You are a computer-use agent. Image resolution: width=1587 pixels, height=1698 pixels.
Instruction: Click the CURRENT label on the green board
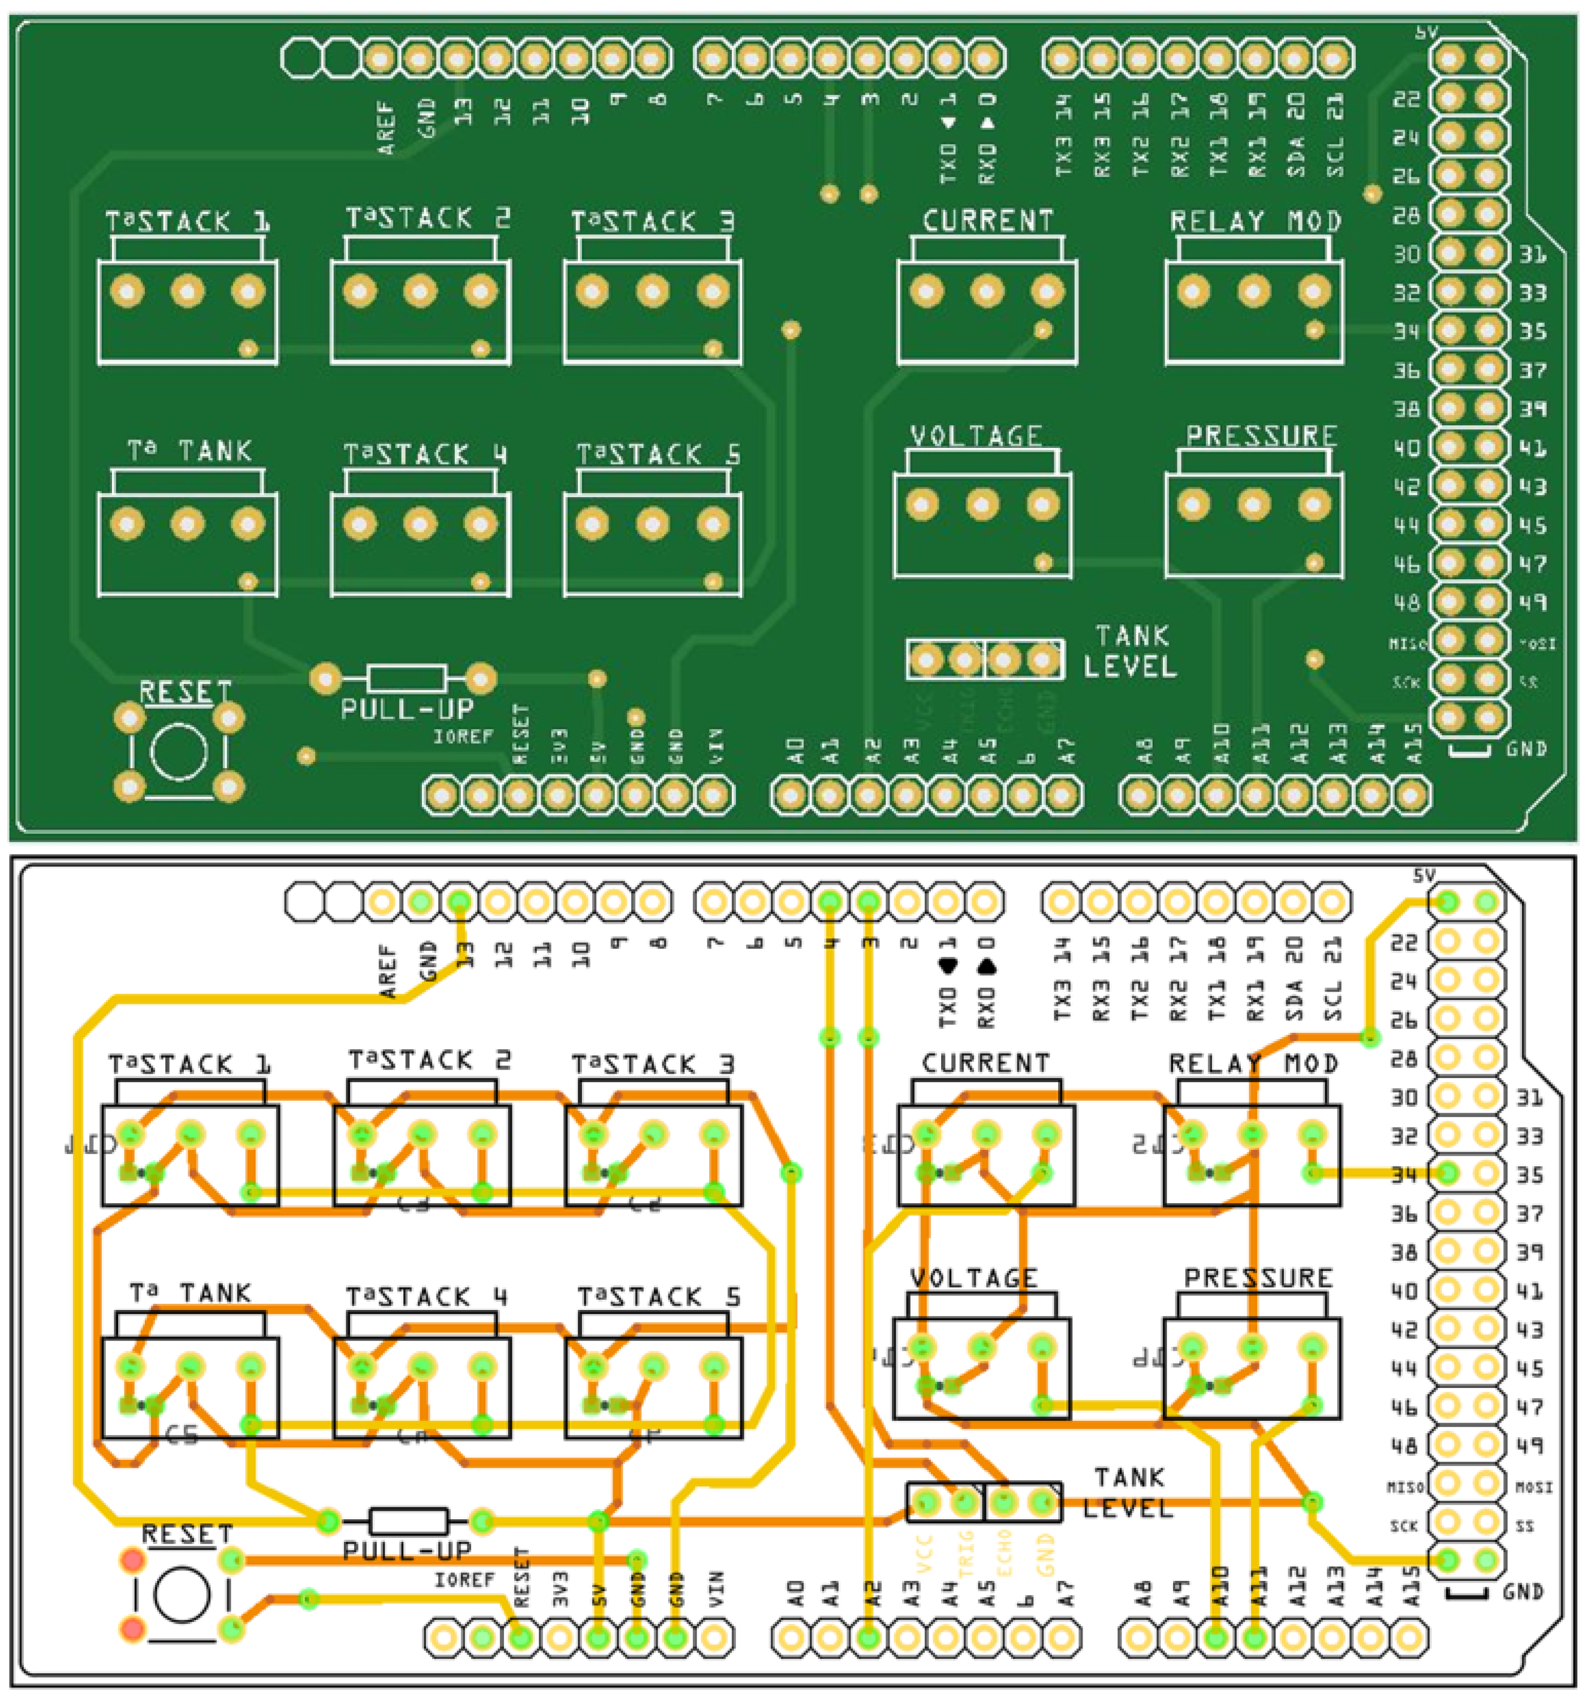click(x=987, y=221)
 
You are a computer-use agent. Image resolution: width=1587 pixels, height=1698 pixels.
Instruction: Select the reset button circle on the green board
click(x=179, y=752)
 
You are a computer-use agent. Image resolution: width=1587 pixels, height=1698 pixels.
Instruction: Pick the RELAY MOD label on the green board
click(x=1255, y=221)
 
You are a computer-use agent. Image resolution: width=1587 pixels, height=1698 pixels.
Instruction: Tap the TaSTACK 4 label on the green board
click(x=425, y=454)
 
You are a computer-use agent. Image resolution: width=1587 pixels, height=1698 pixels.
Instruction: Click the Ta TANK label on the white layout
click(x=191, y=1292)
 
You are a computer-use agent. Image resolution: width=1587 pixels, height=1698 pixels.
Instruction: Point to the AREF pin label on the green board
click(x=387, y=128)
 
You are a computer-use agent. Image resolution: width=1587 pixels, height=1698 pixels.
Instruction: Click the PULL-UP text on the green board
click(x=407, y=709)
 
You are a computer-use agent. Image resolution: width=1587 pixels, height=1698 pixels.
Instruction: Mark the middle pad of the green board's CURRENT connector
click(x=986, y=292)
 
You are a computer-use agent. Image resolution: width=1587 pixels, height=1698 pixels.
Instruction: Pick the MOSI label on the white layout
click(x=1533, y=1487)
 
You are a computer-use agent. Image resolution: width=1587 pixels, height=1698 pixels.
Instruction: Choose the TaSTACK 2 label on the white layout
click(x=429, y=1061)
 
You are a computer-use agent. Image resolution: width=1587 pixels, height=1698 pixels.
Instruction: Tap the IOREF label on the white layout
click(x=464, y=1579)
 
